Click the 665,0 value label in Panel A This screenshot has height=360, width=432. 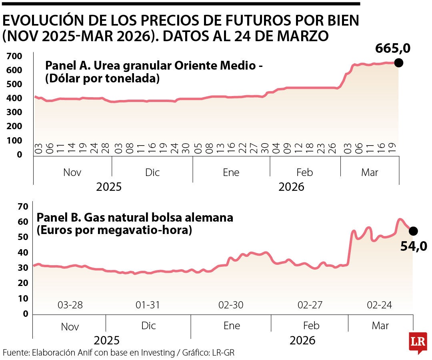coord(393,48)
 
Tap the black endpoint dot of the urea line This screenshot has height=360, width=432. coord(398,63)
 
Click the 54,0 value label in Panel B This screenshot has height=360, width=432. coord(414,245)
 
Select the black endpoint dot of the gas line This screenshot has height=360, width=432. coord(413,231)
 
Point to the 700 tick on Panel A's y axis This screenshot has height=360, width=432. coord(14,56)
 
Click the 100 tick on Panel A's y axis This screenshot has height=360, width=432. coord(14,140)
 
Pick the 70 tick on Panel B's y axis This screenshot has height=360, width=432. coord(23,207)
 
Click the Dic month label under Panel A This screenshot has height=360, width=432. coord(152,172)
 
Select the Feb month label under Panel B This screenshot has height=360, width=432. coord(311,325)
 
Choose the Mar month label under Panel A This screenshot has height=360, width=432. coord(369,172)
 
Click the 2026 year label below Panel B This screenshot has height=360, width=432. coord(302,341)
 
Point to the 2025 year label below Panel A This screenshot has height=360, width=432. coord(109,187)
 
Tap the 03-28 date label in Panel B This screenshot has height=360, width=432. coord(70,305)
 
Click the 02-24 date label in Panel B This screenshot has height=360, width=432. coord(380,305)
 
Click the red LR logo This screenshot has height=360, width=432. coord(418,343)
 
